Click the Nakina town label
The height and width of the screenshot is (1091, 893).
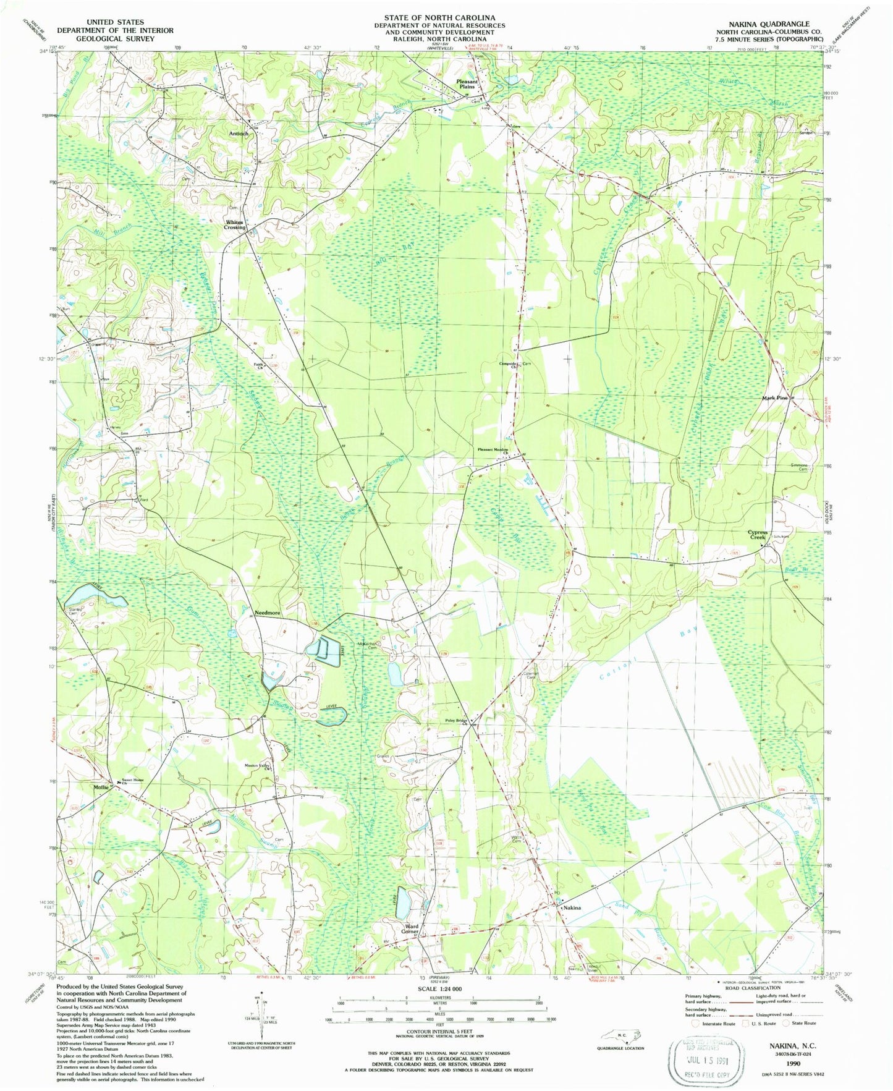(572, 908)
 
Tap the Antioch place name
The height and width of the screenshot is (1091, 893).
(239, 134)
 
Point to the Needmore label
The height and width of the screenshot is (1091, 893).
(268, 613)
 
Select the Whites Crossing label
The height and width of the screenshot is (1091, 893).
(235, 224)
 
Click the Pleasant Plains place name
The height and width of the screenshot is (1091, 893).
(467, 84)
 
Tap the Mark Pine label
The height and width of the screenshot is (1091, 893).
(774, 398)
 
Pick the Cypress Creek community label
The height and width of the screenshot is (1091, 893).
(757, 535)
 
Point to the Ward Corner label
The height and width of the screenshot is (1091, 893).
(410, 929)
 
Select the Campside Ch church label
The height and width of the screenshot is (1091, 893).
(509, 365)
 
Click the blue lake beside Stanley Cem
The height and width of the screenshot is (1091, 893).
(94, 596)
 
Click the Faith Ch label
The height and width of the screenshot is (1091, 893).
(259, 365)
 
